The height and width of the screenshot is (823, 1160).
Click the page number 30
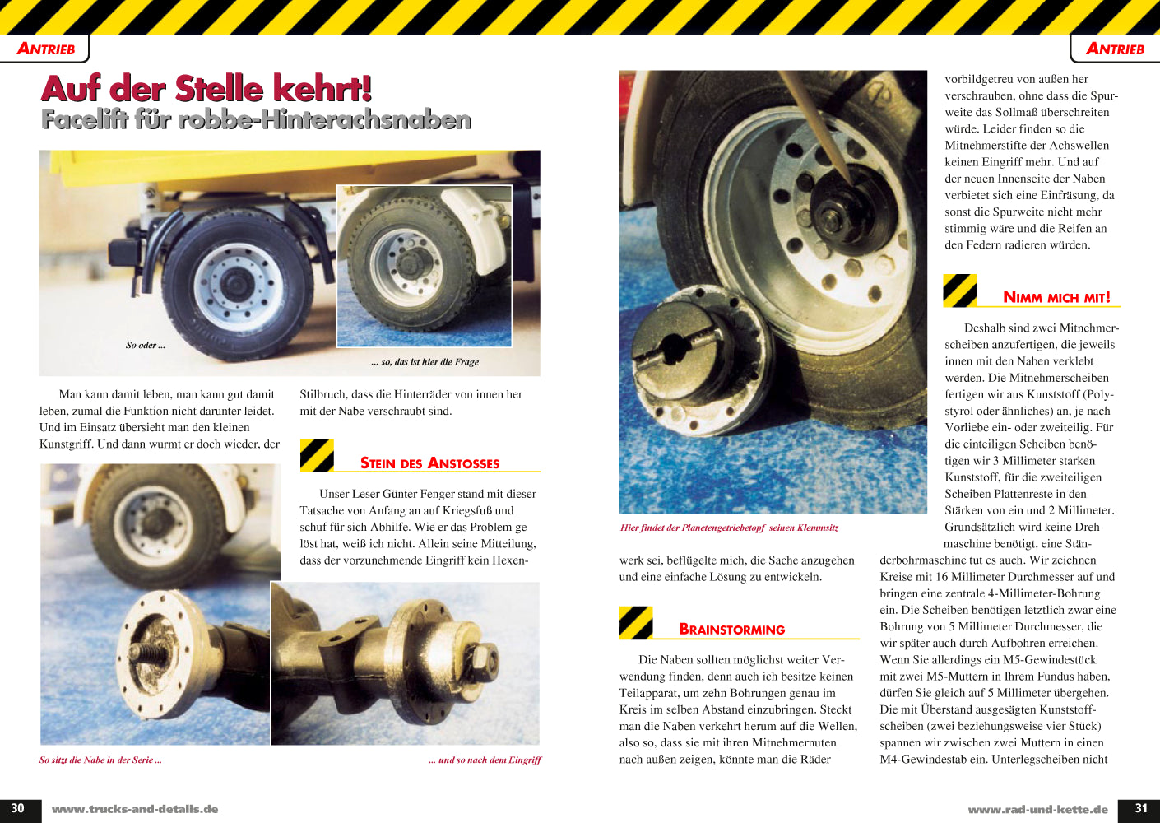[17, 808]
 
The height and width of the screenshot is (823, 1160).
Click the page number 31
[1141, 808]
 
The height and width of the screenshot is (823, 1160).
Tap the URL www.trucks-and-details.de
[135, 809]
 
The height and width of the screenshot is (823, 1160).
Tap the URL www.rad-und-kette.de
[1037, 809]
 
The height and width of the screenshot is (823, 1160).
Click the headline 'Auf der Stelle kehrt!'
[206, 88]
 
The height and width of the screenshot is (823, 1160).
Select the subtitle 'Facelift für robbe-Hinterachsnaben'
[257, 119]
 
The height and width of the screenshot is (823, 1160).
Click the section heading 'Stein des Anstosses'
[429, 463]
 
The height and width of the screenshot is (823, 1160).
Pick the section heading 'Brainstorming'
[731, 630]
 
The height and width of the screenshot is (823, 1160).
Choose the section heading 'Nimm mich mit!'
[1056, 297]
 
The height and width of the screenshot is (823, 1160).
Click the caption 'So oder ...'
[146, 346]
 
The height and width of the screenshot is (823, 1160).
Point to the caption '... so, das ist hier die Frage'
[425, 362]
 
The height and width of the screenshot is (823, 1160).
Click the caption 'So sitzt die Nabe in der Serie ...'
[100, 760]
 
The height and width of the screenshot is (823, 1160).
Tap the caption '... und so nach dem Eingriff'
[485, 760]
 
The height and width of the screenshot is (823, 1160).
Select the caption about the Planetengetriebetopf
[729, 528]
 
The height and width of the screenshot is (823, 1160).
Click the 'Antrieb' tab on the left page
[45, 49]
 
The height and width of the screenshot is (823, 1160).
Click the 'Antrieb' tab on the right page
[1115, 49]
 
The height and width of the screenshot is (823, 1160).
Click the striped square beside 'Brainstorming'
[636, 622]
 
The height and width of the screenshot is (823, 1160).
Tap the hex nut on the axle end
[485, 663]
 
